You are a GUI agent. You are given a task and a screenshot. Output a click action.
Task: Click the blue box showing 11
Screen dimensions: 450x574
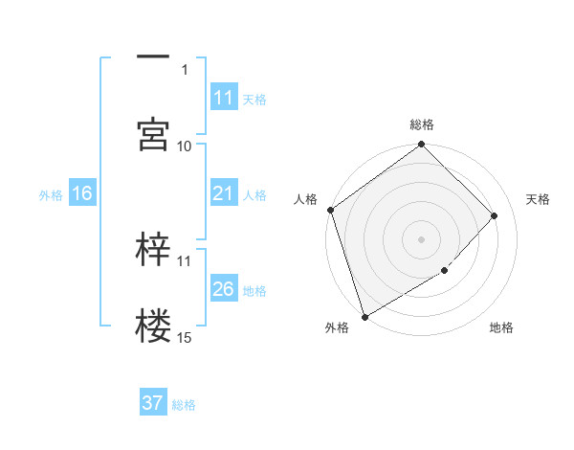tap(223, 98)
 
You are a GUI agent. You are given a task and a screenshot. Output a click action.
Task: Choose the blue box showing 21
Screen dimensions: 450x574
tap(223, 193)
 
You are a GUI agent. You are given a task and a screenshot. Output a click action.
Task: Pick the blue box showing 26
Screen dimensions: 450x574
tap(223, 289)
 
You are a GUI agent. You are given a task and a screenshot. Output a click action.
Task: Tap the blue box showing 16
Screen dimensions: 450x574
tap(81, 193)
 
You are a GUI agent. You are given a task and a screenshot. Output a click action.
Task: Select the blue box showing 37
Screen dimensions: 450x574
tap(153, 403)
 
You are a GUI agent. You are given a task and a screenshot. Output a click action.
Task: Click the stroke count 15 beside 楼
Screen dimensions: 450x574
tap(185, 337)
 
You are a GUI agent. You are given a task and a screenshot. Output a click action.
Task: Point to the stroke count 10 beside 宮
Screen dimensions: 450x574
tap(185, 146)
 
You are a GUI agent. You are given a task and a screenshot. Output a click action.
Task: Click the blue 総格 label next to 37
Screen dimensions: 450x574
tap(184, 405)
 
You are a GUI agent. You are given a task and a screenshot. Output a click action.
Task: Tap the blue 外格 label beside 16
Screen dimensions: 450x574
tap(51, 194)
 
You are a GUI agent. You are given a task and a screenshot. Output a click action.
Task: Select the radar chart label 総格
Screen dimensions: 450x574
tap(422, 124)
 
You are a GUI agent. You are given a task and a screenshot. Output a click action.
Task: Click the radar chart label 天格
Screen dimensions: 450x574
tap(539, 199)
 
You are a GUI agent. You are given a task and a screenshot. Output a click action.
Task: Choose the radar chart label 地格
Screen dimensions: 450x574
tap(501, 328)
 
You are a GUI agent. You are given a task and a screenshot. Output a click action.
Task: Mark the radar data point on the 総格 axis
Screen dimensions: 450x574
tap(421, 146)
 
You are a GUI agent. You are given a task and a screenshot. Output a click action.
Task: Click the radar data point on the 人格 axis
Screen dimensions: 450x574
tap(331, 210)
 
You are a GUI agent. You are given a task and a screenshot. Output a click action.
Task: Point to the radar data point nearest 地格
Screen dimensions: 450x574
tap(445, 271)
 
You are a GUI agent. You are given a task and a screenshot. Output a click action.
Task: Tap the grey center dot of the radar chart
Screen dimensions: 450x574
tap(421, 239)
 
